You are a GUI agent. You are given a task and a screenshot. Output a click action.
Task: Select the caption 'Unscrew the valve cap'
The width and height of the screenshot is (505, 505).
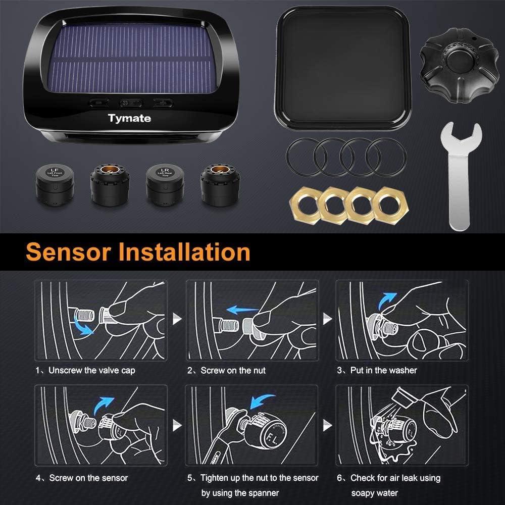92,371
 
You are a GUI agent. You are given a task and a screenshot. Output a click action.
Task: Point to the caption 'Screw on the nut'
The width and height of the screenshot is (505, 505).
233,371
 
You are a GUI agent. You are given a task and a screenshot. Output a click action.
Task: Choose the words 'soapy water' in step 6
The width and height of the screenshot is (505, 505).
375,493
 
